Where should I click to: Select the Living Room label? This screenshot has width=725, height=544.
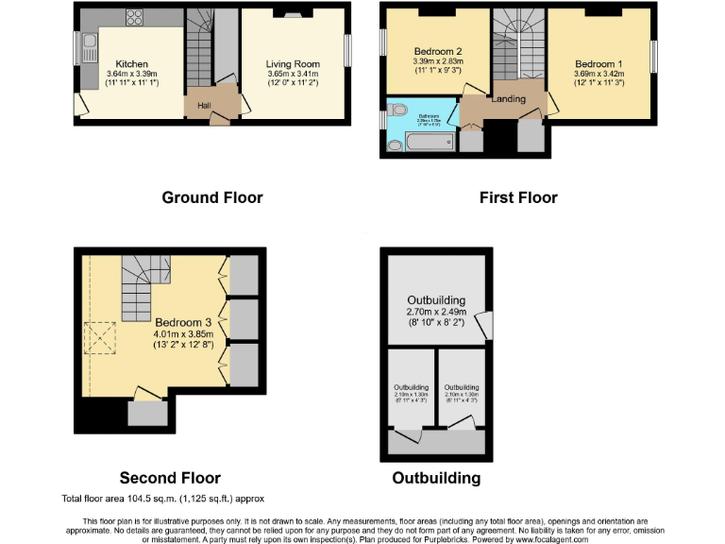click(293, 64)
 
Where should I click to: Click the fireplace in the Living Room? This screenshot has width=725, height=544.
click(293, 14)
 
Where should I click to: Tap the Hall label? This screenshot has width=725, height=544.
click(204, 105)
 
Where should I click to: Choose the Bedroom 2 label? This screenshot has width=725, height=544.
click(437, 51)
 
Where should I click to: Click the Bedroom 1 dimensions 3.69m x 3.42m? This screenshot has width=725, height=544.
click(600, 73)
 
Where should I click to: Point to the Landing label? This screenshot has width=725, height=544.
click(509, 98)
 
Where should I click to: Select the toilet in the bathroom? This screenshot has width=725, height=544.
click(394, 146)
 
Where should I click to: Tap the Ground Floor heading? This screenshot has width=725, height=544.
click(212, 197)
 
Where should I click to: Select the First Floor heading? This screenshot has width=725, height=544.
click(517, 197)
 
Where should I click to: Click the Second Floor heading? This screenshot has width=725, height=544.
click(170, 478)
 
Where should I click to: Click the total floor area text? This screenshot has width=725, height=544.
click(162, 498)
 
